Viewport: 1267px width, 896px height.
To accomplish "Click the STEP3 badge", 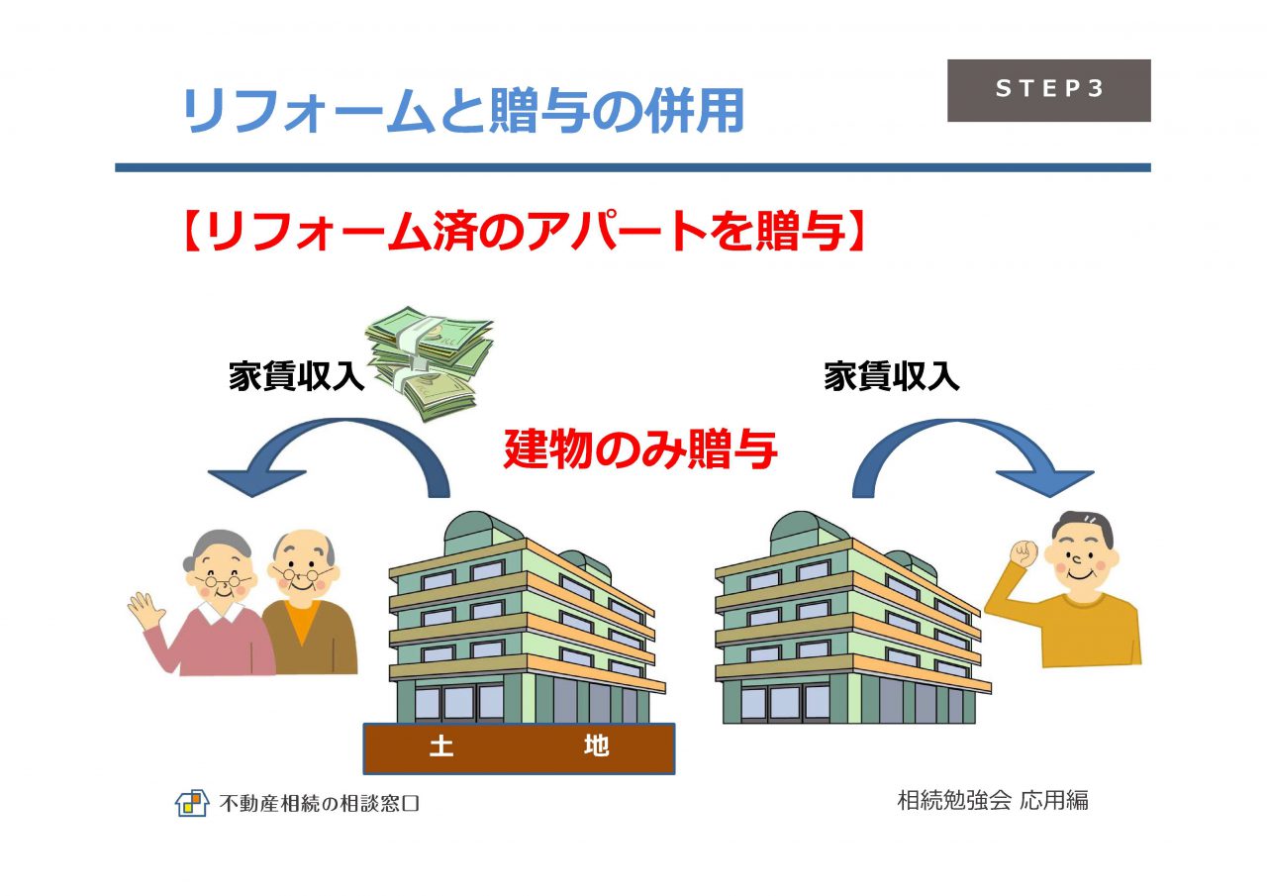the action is (1048, 90).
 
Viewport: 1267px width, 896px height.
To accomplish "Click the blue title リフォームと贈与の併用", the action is (462, 111).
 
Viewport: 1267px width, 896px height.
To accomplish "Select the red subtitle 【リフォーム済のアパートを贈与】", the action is (524, 232).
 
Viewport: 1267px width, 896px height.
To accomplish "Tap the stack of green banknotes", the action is (430, 363).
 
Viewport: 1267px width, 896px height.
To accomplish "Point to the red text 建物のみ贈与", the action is (639, 449).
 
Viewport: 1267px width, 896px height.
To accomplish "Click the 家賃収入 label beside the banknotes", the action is (296, 376).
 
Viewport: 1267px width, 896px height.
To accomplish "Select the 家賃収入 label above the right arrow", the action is (892, 376).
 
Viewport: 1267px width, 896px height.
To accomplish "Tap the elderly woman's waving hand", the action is (144, 610).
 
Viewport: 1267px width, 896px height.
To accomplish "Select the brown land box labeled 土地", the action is (519, 748).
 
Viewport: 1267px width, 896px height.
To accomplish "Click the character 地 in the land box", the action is (596, 747).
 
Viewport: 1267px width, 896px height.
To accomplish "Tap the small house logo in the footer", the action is (192, 803).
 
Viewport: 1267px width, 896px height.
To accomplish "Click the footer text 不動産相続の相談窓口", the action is (320, 803).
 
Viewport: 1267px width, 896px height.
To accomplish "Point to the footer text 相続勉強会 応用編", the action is (993, 800).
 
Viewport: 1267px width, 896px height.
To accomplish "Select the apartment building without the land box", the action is (852, 618).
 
